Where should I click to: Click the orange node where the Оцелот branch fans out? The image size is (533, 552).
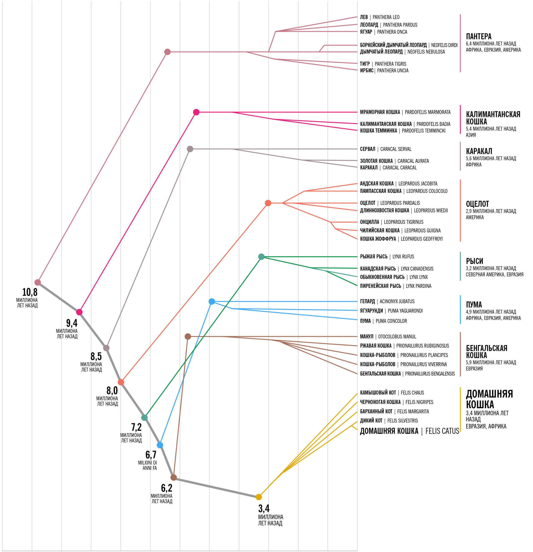[x=268, y=203]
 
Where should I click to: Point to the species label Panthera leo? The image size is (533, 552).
[x=386, y=17]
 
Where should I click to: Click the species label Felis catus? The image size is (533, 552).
[x=442, y=431]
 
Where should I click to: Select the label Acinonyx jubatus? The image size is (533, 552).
[x=397, y=301]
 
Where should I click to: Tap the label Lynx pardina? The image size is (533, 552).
[x=418, y=286]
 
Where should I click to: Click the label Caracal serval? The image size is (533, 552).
[x=396, y=149]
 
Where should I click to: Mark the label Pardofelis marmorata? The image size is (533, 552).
[x=427, y=112]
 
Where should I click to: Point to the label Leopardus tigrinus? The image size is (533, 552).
[x=404, y=222]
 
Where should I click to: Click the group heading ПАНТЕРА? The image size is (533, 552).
[x=479, y=36]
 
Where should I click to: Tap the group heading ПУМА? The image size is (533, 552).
[x=474, y=304]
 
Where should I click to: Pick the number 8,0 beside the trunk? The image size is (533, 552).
[x=112, y=391]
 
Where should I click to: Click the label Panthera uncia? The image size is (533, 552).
[x=393, y=71]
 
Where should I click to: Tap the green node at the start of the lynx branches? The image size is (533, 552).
[x=261, y=257]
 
